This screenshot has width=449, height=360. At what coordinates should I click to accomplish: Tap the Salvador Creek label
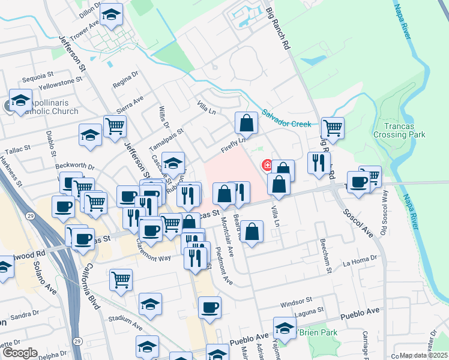287,119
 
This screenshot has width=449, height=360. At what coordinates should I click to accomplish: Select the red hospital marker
266,165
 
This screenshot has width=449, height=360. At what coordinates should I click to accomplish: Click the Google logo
20,353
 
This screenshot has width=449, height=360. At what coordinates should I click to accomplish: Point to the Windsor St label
296,301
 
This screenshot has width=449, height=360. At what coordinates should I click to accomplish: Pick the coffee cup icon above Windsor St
209,308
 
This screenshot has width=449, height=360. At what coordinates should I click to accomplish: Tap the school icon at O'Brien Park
285,328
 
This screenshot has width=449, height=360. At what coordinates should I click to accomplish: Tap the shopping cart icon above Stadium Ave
122,280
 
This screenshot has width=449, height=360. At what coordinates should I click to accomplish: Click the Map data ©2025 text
423,355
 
